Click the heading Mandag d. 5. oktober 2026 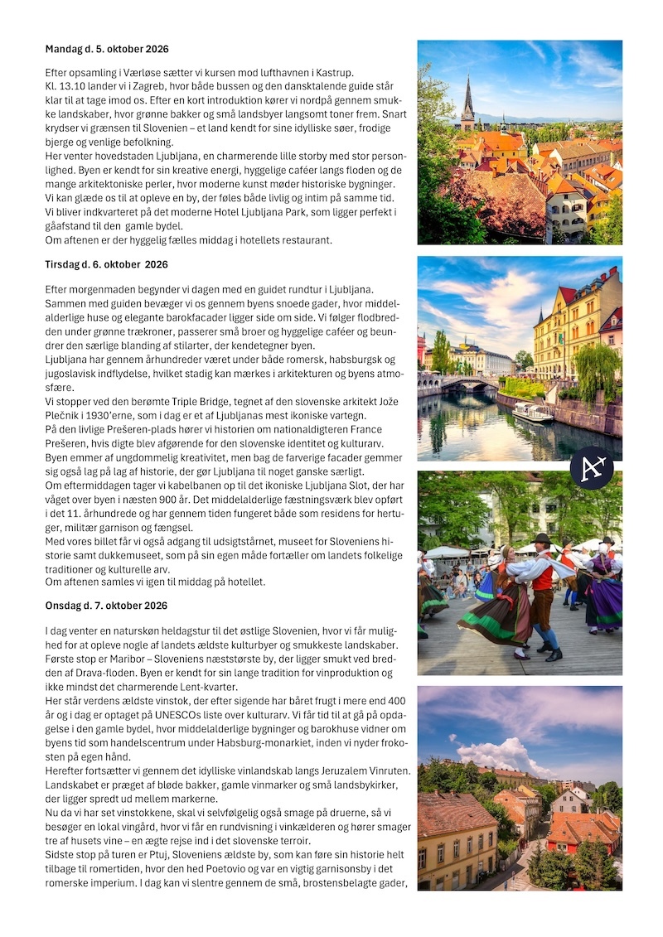pos(107,50)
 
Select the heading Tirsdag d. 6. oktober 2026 pos(106,265)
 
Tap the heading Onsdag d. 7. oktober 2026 pos(106,606)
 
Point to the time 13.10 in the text pos(76,86)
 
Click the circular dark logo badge pos(592,468)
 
